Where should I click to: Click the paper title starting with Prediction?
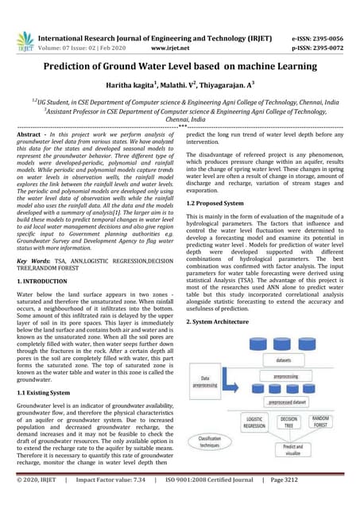[180, 68]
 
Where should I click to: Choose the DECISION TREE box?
[289, 422]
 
